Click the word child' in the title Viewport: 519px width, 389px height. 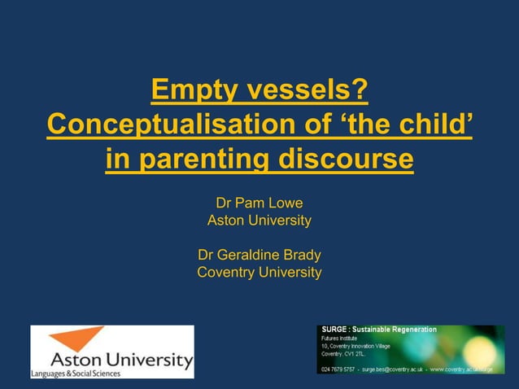click(437, 125)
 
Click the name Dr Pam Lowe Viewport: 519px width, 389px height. click(259, 203)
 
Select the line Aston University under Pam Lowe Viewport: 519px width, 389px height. click(259, 221)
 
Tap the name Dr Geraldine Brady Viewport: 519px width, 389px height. click(259, 255)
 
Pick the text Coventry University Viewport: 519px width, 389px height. click(259, 273)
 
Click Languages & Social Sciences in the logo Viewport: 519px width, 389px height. click(76, 374)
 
